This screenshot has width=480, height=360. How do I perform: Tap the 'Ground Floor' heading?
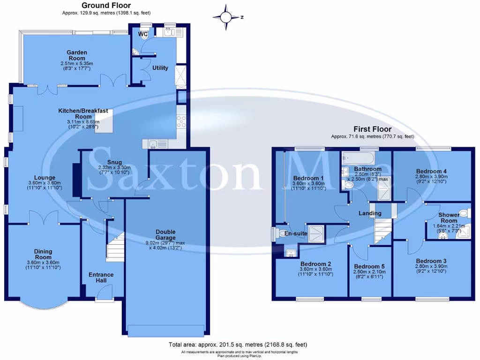point(106,6)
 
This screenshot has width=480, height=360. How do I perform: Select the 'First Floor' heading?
point(373,129)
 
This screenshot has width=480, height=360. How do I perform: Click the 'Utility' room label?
point(160,68)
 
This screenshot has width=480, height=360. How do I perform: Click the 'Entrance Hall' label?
point(101,277)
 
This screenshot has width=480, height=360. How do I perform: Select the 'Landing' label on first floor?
point(370,213)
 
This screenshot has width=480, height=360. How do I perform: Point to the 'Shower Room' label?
point(449,218)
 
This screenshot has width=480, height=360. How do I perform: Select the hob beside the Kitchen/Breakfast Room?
point(180,121)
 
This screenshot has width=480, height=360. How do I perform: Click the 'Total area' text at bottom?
point(238,345)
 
